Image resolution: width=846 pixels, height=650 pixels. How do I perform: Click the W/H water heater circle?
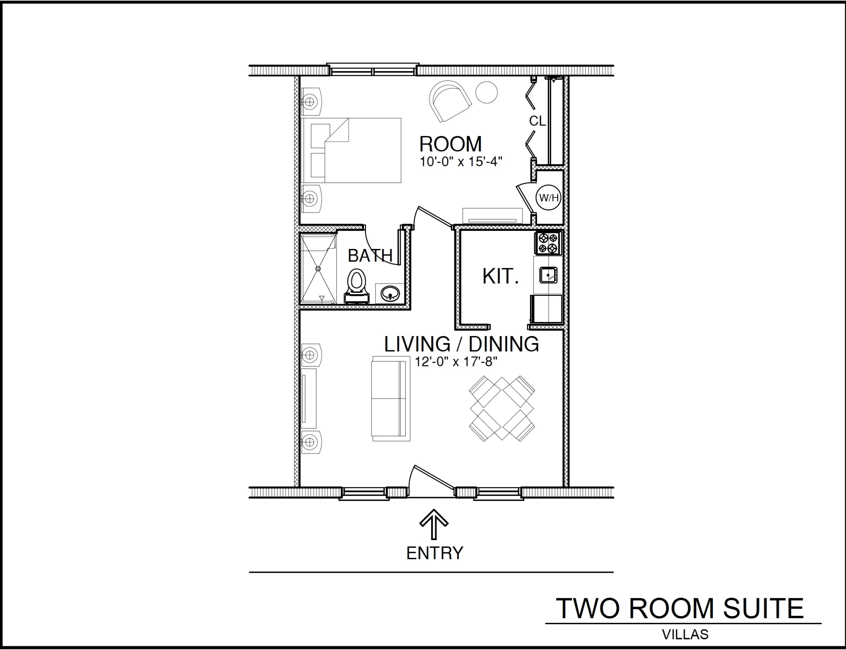[x=549, y=197]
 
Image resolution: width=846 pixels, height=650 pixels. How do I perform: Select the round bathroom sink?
[x=389, y=293]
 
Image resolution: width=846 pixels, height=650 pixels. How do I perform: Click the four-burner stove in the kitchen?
[x=548, y=243]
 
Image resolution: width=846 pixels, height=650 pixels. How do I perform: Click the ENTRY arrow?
[x=434, y=524]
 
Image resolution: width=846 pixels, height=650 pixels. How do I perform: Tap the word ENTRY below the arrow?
[x=435, y=553]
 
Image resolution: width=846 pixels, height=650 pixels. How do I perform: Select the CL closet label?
[x=537, y=121]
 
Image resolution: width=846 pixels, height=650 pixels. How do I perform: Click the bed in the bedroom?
[x=351, y=150]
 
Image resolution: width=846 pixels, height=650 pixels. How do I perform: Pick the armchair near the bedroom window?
[x=450, y=101]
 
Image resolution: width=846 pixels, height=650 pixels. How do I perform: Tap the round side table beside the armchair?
[x=486, y=92]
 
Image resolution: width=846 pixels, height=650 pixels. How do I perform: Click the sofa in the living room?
[x=391, y=399]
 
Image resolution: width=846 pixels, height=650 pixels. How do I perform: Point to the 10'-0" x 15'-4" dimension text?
[x=461, y=162]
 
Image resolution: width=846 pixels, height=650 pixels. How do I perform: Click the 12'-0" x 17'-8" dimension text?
[x=456, y=362]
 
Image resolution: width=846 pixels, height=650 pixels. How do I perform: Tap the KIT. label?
[x=500, y=276]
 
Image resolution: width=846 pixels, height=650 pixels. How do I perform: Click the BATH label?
[x=370, y=256]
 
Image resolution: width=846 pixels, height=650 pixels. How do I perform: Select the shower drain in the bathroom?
[x=319, y=268]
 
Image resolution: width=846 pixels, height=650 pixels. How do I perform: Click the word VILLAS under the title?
[x=685, y=634]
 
